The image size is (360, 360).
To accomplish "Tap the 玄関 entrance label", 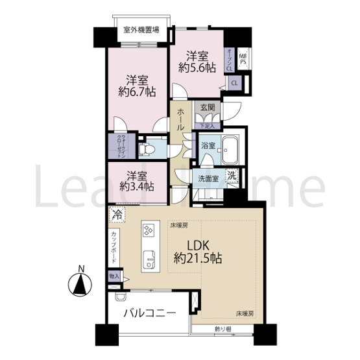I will tap(208, 108).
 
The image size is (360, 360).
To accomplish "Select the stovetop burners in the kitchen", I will tap(148, 230).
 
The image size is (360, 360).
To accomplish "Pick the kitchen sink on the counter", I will tap(148, 256).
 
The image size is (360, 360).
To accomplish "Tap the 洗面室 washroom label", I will tap(208, 177).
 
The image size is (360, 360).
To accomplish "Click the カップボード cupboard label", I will tap(114, 246).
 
